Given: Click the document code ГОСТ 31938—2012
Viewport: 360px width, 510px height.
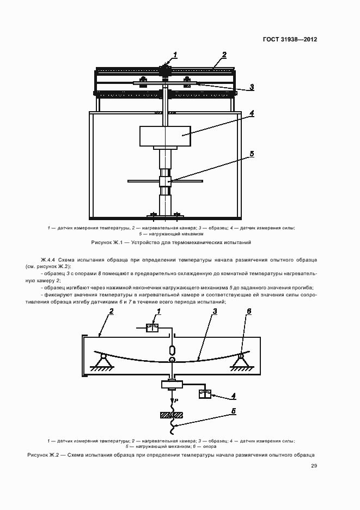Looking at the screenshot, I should pyautogui.click(x=290, y=39).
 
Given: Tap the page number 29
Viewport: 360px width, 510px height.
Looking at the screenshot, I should pyautogui.click(x=314, y=466).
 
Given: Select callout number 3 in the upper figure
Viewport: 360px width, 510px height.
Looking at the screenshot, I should pyautogui.click(x=252, y=87).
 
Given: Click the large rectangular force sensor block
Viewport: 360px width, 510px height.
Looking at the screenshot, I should pyautogui.click(x=165, y=136).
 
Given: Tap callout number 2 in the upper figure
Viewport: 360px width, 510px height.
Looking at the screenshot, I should pyautogui.click(x=224, y=54).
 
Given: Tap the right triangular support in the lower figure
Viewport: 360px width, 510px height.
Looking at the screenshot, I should pyautogui.click(x=240, y=361).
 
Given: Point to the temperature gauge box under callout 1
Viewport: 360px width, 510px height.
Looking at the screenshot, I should pyautogui.click(x=152, y=329).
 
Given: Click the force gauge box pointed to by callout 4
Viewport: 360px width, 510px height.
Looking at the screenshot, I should pyautogui.click(x=205, y=393).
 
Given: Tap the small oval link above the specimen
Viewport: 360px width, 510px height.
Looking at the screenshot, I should pyautogui.click(x=172, y=350).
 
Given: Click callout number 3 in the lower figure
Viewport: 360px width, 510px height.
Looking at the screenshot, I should pyautogui.click(x=216, y=312).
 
